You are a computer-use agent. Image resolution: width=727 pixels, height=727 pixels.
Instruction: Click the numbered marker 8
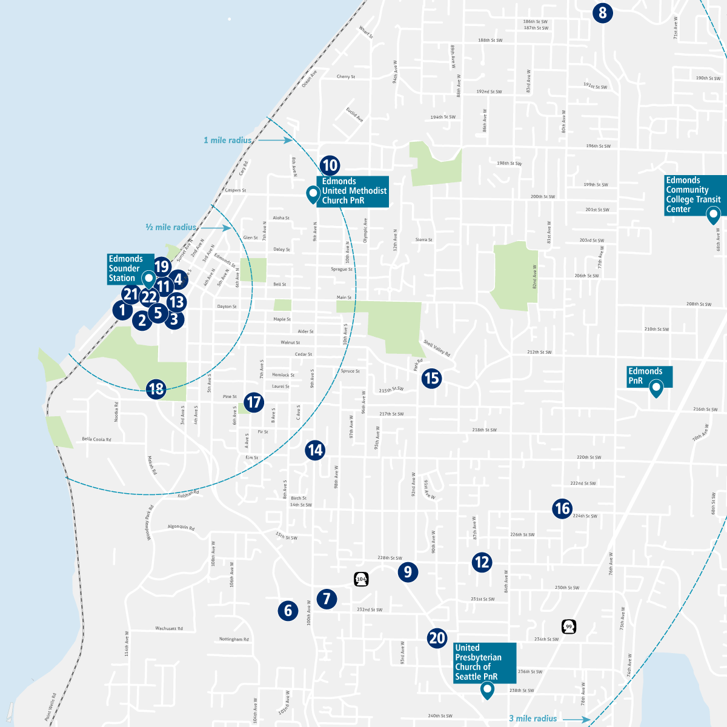602,13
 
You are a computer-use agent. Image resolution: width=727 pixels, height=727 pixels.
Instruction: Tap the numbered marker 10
330,165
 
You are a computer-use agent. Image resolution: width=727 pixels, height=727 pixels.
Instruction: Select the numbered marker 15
431,379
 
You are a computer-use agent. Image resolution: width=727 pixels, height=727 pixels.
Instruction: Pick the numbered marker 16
562,508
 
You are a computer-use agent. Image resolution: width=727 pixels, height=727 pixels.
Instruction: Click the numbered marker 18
156,388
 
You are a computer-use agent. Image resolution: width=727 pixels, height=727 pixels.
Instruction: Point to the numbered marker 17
253,402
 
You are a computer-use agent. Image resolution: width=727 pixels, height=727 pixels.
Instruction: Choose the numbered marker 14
315,450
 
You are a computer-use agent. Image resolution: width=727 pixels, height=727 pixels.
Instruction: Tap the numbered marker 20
437,638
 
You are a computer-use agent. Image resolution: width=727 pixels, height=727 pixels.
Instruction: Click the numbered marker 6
288,610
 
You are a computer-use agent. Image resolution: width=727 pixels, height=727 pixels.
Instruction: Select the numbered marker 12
482,562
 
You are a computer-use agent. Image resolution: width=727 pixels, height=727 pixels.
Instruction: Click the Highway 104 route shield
362,579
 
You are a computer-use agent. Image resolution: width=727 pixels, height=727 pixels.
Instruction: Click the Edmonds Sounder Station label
126,268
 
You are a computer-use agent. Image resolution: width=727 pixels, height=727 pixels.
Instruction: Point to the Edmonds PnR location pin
656,388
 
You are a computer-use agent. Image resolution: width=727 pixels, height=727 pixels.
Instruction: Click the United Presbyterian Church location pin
486,690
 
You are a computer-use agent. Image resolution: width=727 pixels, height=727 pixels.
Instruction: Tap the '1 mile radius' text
227,141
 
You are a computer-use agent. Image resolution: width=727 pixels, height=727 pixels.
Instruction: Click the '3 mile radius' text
533,719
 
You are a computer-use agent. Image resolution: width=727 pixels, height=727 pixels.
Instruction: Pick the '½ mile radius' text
171,227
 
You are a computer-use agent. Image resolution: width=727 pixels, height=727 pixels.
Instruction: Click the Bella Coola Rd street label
96,439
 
